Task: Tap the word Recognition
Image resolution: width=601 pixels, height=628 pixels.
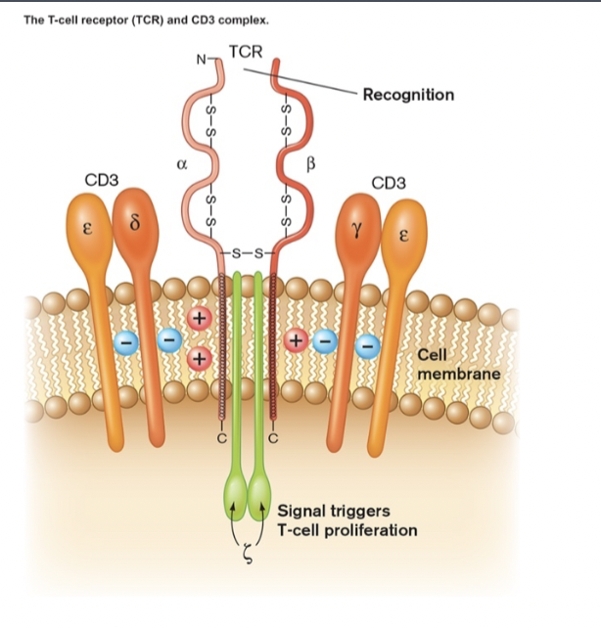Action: click(407, 95)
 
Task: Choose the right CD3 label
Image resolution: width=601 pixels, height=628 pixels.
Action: click(388, 183)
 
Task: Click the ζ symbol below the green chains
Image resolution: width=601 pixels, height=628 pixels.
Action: click(247, 557)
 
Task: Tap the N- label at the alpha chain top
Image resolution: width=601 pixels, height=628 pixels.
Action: click(203, 61)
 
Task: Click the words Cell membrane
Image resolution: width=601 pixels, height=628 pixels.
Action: click(458, 365)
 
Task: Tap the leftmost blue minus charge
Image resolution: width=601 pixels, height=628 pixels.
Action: click(124, 341)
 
